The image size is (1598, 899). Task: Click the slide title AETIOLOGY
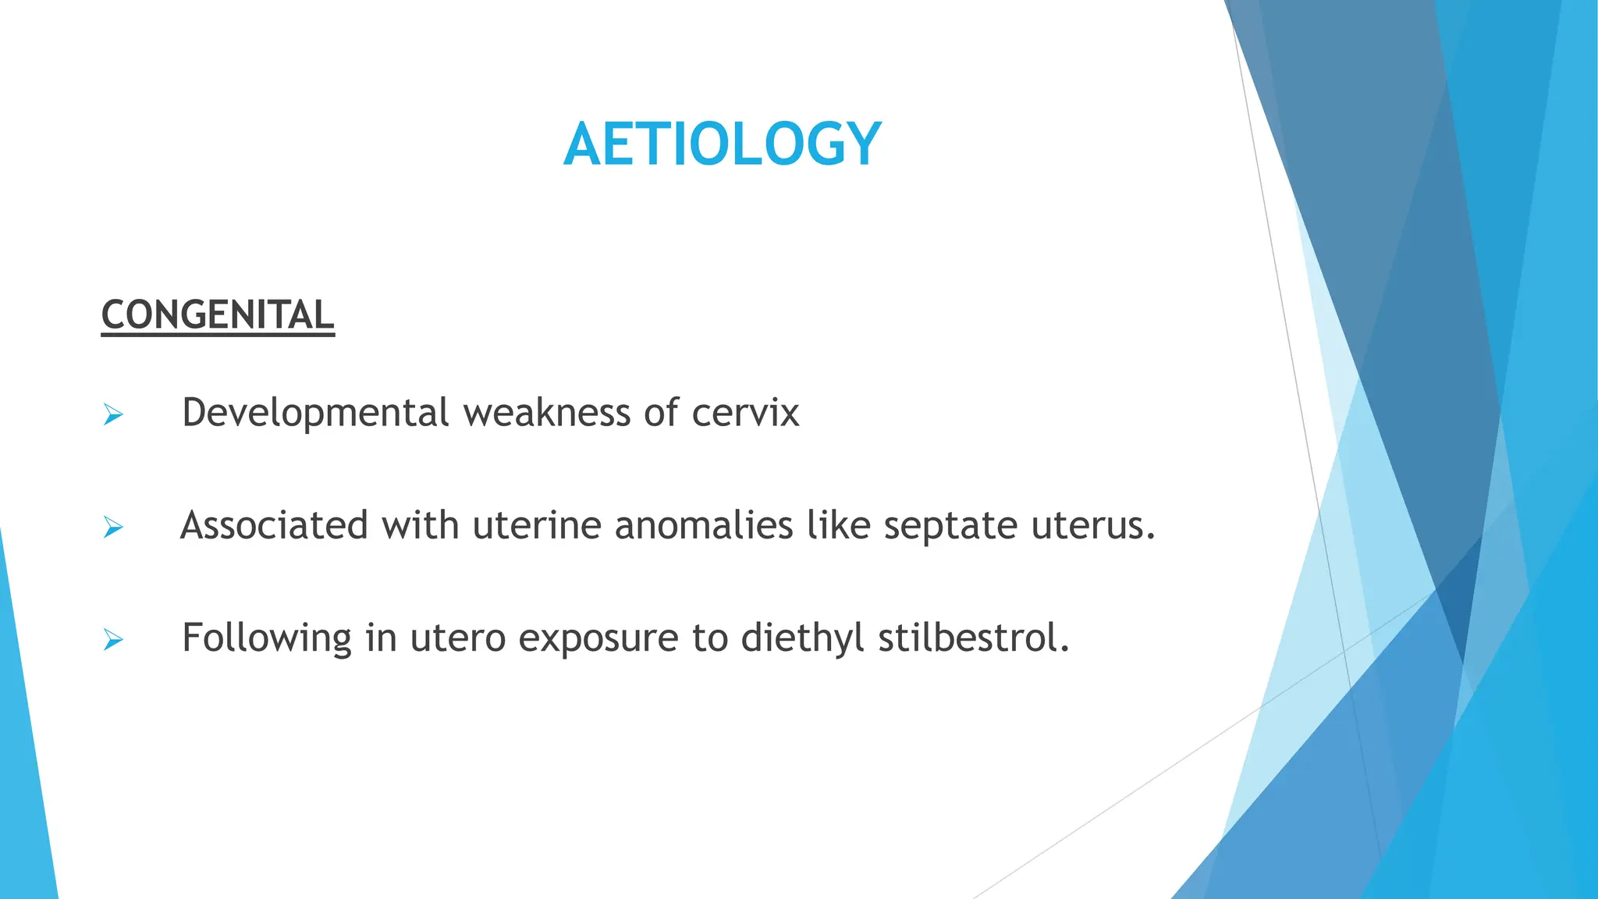722,145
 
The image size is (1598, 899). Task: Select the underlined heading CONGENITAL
218,315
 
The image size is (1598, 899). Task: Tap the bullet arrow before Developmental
113,415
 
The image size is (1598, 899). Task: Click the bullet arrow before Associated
113,528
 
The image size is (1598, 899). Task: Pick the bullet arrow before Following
113,641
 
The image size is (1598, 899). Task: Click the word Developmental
315,413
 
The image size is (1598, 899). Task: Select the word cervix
745,413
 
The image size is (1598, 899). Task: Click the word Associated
274,525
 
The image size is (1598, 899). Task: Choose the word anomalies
703,525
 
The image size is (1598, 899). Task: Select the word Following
266,638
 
